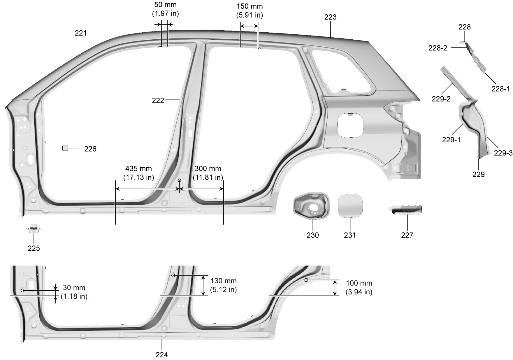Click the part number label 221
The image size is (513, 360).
(81, 33)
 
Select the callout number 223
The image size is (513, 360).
(330, 17)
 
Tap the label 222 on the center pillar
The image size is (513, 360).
(158, 100)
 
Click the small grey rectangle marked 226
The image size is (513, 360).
(65, 148)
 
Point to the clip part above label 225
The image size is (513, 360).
(34, 228)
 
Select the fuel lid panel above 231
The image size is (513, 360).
(350, 206)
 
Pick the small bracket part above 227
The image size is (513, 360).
(405, 210)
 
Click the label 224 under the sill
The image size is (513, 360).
(162, 355)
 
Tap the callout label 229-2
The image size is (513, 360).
(441, 99)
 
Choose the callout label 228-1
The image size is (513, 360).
(501, 89)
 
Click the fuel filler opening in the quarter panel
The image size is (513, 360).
(350, 125)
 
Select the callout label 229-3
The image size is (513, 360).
(503, 153)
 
